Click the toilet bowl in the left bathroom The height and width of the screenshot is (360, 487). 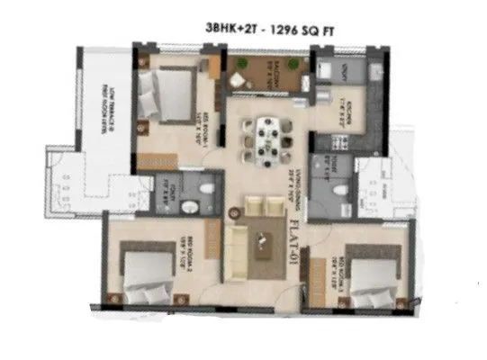point(206,191)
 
